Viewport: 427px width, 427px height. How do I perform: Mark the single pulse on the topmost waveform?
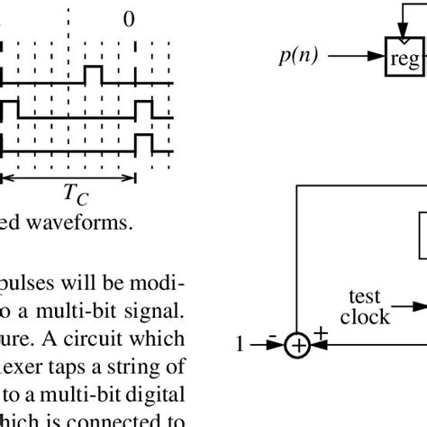coord(94,72)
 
